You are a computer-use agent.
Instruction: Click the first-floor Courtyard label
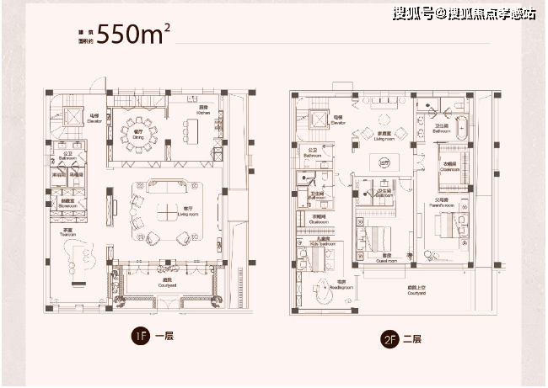[166, 283]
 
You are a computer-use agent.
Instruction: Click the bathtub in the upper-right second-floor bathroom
[460, 125]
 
